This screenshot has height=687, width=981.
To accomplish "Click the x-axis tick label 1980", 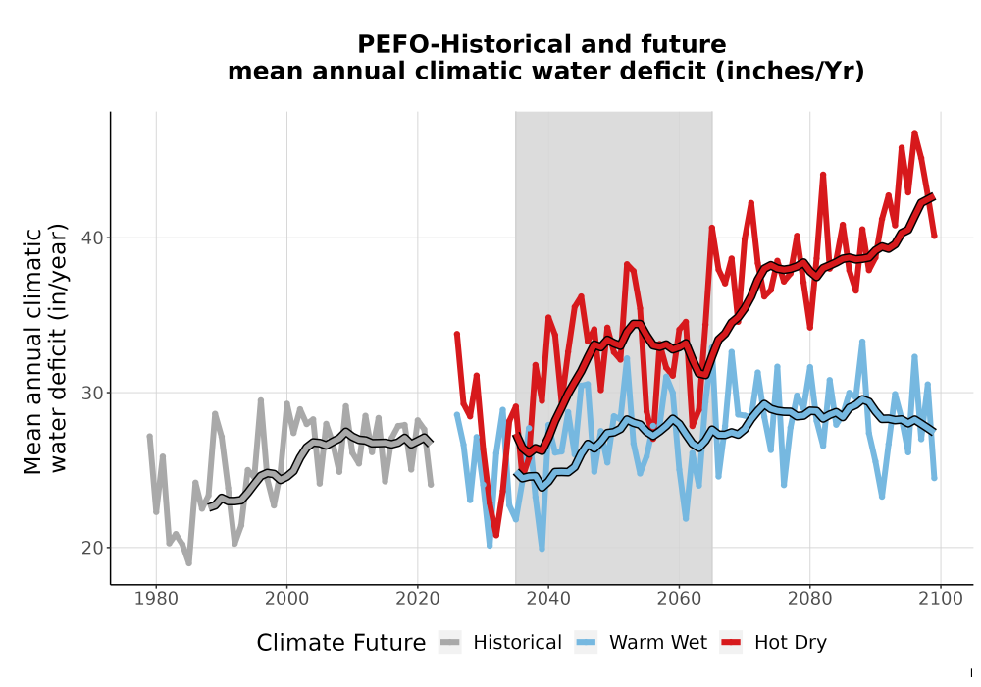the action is tap(156, 599).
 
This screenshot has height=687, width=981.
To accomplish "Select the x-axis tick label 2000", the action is tap(286, 599).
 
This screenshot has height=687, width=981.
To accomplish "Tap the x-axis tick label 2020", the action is tap(417, 599).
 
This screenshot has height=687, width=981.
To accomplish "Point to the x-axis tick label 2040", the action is tap(548, 599).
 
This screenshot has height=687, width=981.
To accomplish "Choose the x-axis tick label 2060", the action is tap(679, 599).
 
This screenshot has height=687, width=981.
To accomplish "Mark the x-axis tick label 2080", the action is tap(809, 599).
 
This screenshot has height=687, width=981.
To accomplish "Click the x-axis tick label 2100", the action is tap(941, 599).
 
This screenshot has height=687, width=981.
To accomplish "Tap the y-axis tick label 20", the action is tap(92, 548).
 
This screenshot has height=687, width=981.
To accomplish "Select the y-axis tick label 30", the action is tap(92, 393).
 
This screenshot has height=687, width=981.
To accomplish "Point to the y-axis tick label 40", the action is tap(92, 238).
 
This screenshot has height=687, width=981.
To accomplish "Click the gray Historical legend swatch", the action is tap(450, 642).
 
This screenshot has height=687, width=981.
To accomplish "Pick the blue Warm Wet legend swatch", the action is tap(586, 642).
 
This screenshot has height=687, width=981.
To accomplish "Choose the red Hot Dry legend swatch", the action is tap(731, 642).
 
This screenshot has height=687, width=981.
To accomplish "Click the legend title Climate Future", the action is tap(341, 643).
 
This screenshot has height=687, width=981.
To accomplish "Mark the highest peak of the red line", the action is tap(914, 132).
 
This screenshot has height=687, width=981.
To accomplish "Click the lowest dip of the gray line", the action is tap(188, 563).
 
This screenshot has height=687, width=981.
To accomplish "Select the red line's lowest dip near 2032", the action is tap(495, 535).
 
